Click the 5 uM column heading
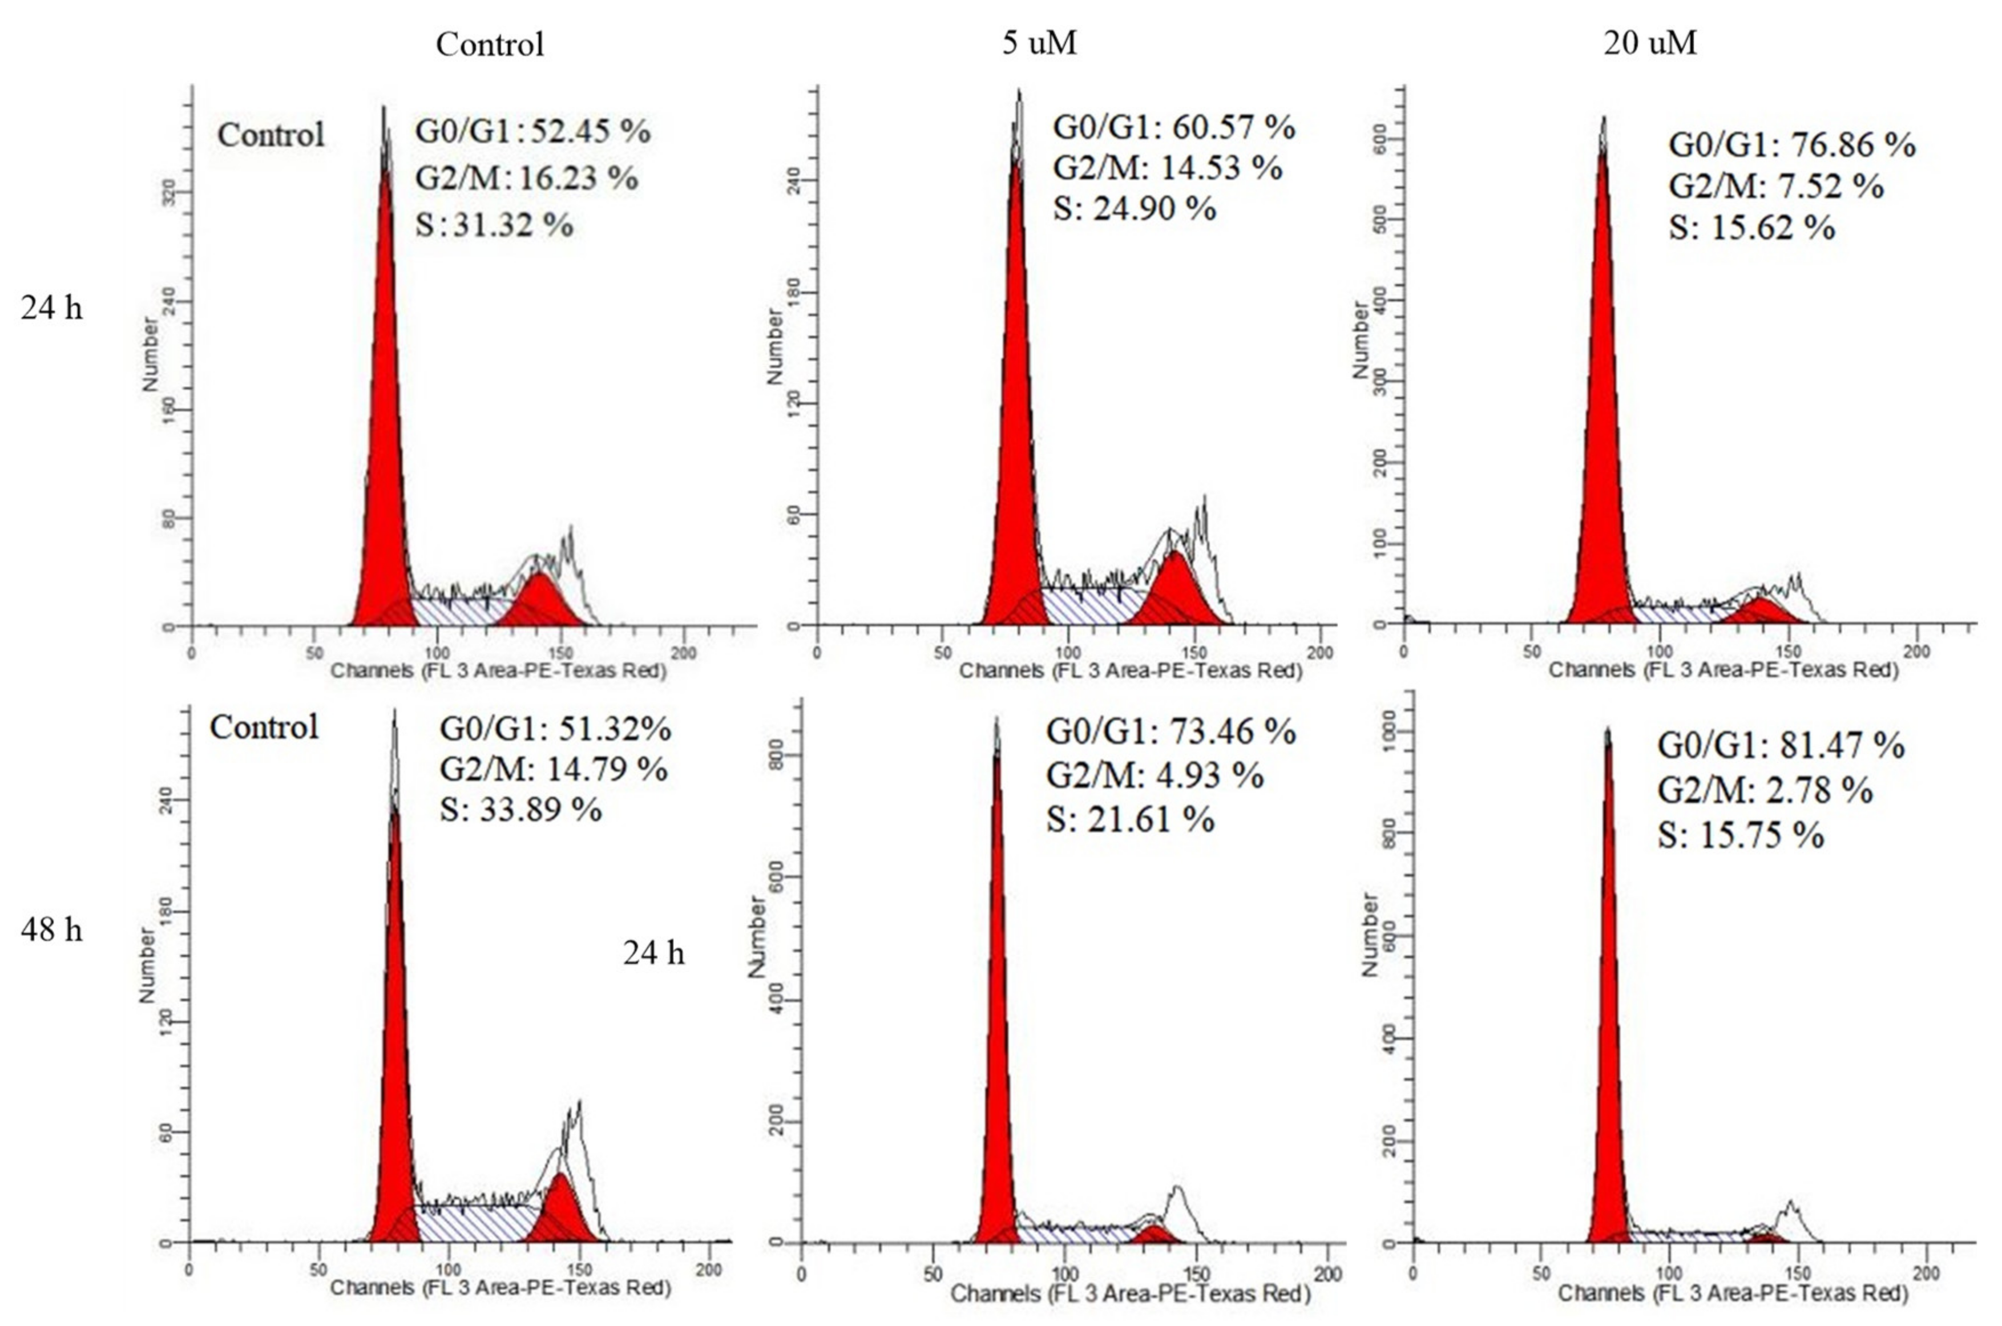pyautogui.click(x=1039, y=42)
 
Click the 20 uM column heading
pyautogui.click(x=1649, y=42)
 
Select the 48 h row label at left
pyautogui.click(x=51, y=929)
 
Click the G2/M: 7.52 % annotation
pyautogui.click(x=1775, y=186)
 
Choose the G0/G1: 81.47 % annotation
pyautogui.click(x=1781, y=746)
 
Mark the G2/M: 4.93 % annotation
pyautogui.click(x=1155, y=775)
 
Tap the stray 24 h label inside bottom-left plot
pyautogui.click(x=653, y=953)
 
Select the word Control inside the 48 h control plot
pyautogui.click(x=264, y=727)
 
